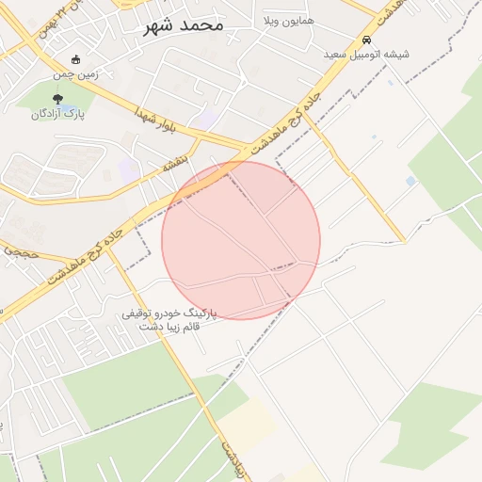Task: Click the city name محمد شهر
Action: pos(184,24)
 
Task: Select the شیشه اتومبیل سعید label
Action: pos(366,55)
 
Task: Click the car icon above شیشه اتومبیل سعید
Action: pos(365,40)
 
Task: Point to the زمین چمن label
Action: pos(76,72)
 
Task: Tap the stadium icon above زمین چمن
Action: pos(76,59)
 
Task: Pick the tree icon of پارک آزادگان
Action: pos(58,100)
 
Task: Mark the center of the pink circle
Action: pos(241,240)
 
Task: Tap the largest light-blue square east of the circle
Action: pos(410,181)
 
